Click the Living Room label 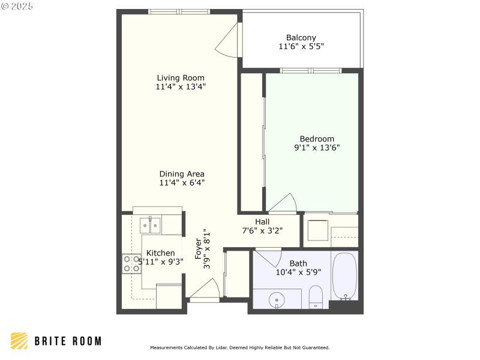[x=181, y=78]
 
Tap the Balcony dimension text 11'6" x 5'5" [x=302, y=46]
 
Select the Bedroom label [x=317, y=139]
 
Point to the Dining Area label [x=182, y=174]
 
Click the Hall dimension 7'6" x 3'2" [x=262, y=230]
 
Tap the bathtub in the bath [x=346, y=276]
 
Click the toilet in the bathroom [x=316, y=296]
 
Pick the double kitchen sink [x=151, y=226]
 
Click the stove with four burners [x=132, y=264]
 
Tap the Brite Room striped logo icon [x=19, y=341]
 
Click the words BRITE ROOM [x=67, y=341]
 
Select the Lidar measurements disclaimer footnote [x=239, y=347]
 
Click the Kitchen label [x=161, y=253]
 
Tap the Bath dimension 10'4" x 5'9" [x=298, y=272]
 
